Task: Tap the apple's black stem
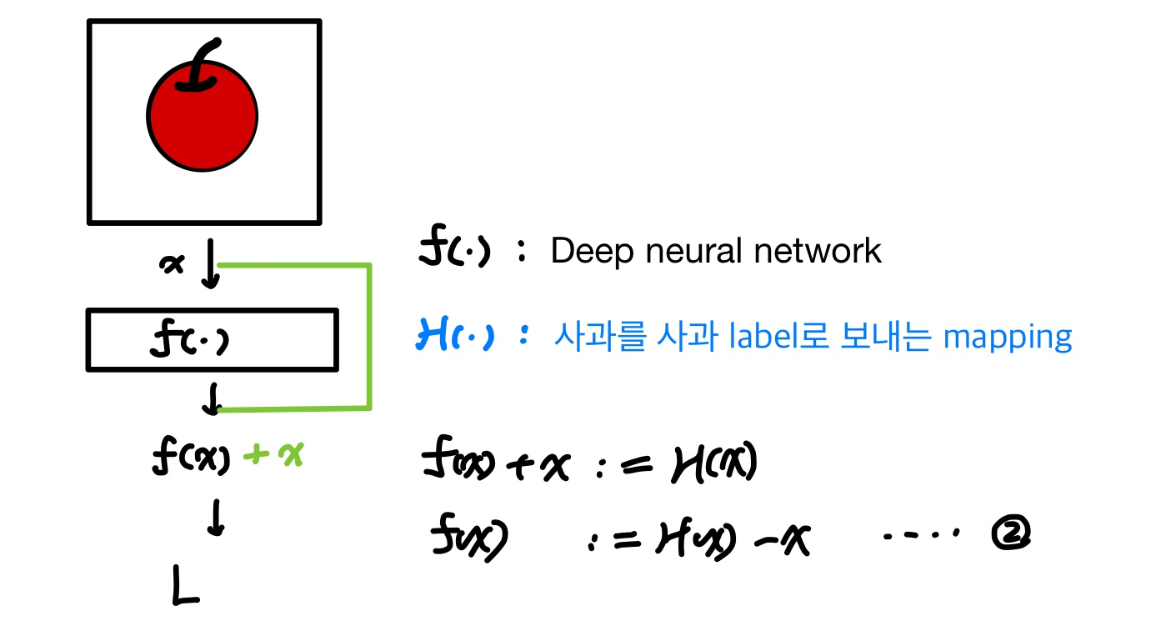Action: click(201, 67)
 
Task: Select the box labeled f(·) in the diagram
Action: click(212, 340)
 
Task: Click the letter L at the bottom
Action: click(185, 587)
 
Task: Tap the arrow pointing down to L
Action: click(216, 519)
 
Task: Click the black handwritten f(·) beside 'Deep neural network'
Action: click(453, 250)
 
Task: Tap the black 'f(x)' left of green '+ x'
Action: click(191, 457)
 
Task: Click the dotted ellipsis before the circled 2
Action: click(923, 533)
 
